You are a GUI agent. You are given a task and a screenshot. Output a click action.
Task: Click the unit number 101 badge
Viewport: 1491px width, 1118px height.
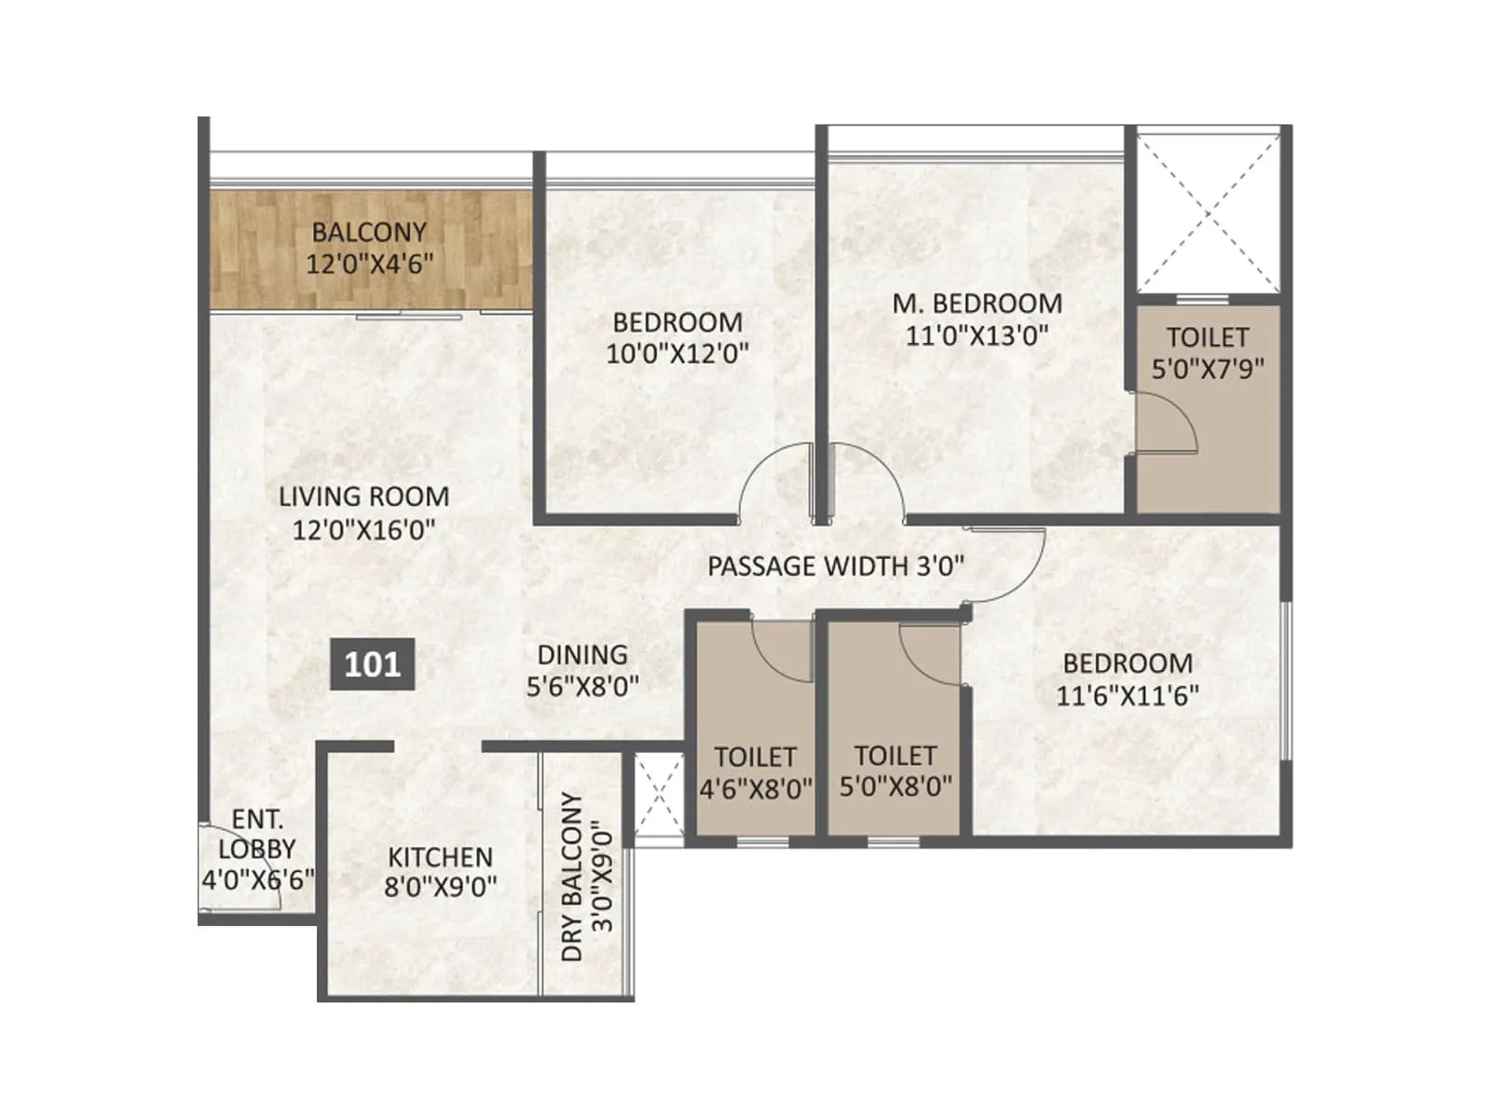(x=372, y=664)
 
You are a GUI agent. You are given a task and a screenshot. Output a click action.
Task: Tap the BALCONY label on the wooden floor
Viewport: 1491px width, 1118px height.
(x=369, y=231)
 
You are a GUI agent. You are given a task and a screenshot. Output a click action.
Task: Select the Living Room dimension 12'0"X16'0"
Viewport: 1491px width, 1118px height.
(x=363, y=530)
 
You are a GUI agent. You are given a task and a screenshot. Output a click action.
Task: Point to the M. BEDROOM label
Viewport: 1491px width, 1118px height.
(x=977, y=304)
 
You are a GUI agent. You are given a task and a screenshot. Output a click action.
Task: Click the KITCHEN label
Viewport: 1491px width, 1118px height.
(x=440, y=856)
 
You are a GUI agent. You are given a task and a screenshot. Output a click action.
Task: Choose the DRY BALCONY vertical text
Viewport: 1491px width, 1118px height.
(x=572, y=877)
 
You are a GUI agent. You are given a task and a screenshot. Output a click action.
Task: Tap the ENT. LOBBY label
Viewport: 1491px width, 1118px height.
(x=257, y=834)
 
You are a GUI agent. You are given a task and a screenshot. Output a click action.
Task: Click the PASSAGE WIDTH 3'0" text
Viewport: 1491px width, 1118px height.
(x=835, y=566)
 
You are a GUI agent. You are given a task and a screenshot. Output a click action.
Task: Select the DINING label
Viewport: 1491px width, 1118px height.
(x=582, y=655)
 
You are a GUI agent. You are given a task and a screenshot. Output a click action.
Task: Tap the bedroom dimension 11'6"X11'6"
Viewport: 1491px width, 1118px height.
(x=1128, y=695)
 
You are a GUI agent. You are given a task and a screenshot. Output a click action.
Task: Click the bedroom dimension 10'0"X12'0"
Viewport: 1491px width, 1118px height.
(x=677, y=354)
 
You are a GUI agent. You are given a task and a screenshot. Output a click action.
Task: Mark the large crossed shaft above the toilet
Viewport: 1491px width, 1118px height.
(x=1208, y=213)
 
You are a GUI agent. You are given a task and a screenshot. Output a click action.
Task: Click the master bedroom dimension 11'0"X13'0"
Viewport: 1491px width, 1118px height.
(x=977, y=335)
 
